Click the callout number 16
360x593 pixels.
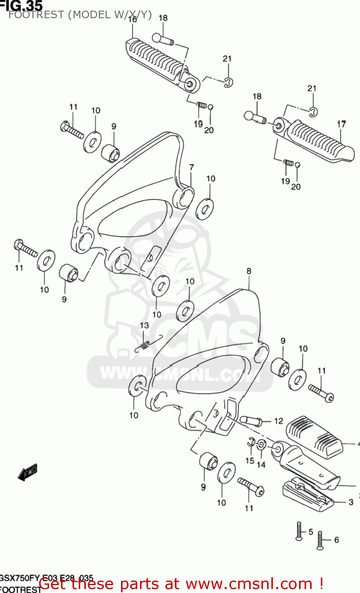pos(133,19)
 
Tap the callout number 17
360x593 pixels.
pos(341,124)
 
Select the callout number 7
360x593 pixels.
pos(191,167)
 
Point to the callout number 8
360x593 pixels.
pos(249,271)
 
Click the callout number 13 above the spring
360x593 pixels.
pos(144,325)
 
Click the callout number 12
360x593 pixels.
pos(279,421)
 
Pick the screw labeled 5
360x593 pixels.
pos(299,531)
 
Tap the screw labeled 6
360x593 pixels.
pos(320,540)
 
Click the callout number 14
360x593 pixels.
pos(261,465)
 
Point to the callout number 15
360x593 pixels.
pos(250,461)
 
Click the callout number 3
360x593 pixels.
pos(351,502)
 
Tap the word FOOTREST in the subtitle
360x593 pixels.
pos(36,15)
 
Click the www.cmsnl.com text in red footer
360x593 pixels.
pos(249,584)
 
